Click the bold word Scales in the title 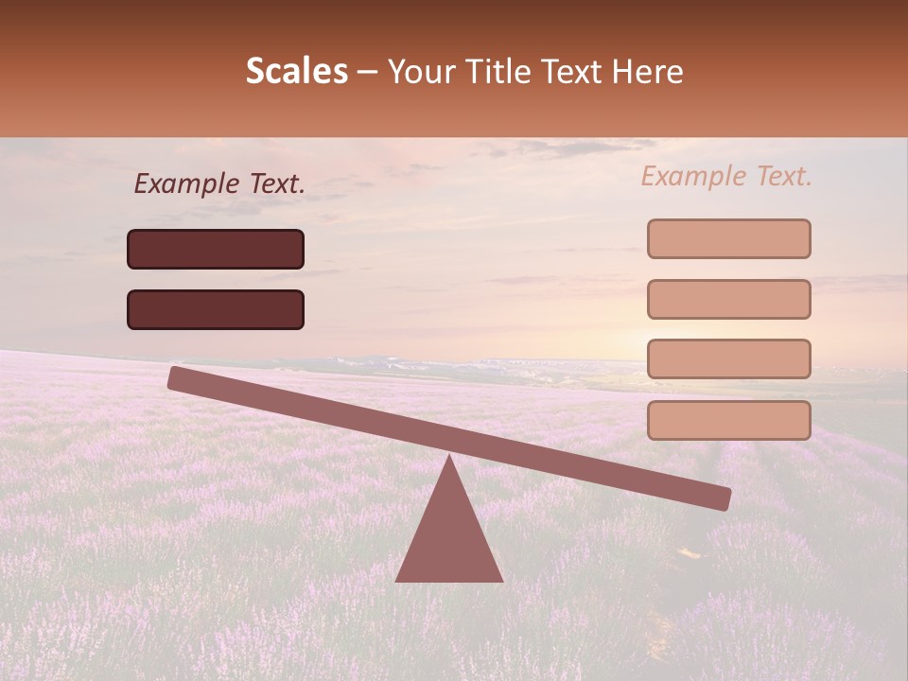pyautogui.click(x=296, y=71)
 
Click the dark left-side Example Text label pyautogui.click(x=219, y=184)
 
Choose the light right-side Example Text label pyautogui.click(x=726, y=176)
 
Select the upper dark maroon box pyautogui.click(x=216, y=249)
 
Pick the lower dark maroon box pyautogui.click(x=216, y=309)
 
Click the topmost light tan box pyautogui.click(x=728, y=238)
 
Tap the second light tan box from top pyautogui.click(x=728, y=299)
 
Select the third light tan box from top pyautogui.click(x=728, y=359)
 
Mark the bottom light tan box pyautogui.click(x=728, y=420)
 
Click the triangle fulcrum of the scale pyautogui.click(x=449, y=534)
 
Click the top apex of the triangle pyautogui.click(x=449, y=457)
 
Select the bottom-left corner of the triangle pyautogui.click(x=397, y=580)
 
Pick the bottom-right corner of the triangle pyautogui.click(x=501, y=580)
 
